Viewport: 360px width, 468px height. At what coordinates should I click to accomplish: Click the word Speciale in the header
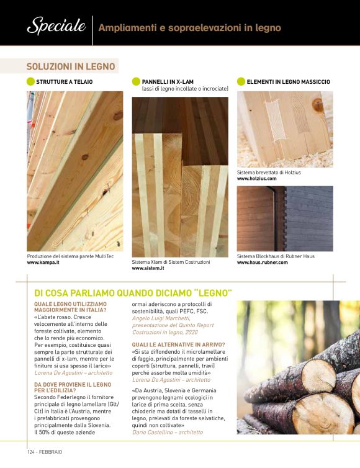pyautogui.click(x=56, y=25)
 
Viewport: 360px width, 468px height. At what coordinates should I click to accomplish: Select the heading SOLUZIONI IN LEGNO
pyautogui.click(x=71, y=66)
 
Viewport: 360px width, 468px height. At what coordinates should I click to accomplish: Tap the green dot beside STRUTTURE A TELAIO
pyautogui.click(x=30, y=81)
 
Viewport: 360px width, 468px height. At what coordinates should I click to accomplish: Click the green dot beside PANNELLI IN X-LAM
pyautogui.click(x=136, y=81)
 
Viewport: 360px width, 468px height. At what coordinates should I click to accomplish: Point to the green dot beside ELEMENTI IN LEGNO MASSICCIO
pyautogui.click(x=241, y=81)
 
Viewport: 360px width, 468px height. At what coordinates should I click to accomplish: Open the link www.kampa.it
pyautogui.click(x=43, y=263)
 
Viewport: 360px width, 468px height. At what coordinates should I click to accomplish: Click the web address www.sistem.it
pyautogui.click(x=148, y=268)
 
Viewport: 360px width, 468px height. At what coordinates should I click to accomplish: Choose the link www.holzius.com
pyautogui.click(x=257, y=179)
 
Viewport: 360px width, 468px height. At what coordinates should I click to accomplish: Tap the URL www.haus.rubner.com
pyautogui.click(x=263, y=263)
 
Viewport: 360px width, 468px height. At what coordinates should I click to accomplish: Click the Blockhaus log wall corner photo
pyautogui.click(x=285, y=218)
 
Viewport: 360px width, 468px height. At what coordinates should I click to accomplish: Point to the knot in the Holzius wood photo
pyautogui.click(x=318, y=106)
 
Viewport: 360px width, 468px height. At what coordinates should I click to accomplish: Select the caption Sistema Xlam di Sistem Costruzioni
pyautogui.click(x=171, y=262)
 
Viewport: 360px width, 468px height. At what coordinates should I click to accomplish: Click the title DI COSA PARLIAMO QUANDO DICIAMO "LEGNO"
pyautogui.click(x=133, y=293)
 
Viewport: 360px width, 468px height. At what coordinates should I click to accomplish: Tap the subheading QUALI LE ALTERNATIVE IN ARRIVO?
pyautogui.click(x=179, y=344)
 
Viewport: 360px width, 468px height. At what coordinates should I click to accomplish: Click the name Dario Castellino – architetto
pyautogui.click(x=168, y=432)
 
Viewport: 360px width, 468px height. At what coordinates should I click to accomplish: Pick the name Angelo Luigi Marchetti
pyautogui.click(x=161, y=318)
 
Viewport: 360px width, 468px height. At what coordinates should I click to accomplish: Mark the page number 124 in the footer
pyautogui.click(x=31, y=452)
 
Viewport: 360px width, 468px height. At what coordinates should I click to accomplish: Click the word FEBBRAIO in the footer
pyautogui.click(x=50, y=452)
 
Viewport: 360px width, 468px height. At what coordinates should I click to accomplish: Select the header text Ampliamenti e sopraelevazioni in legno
pyautogui.click(x=190, y=28)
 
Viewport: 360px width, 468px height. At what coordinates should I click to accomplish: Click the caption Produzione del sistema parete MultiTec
pyautogui.click(x=70, y=256)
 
